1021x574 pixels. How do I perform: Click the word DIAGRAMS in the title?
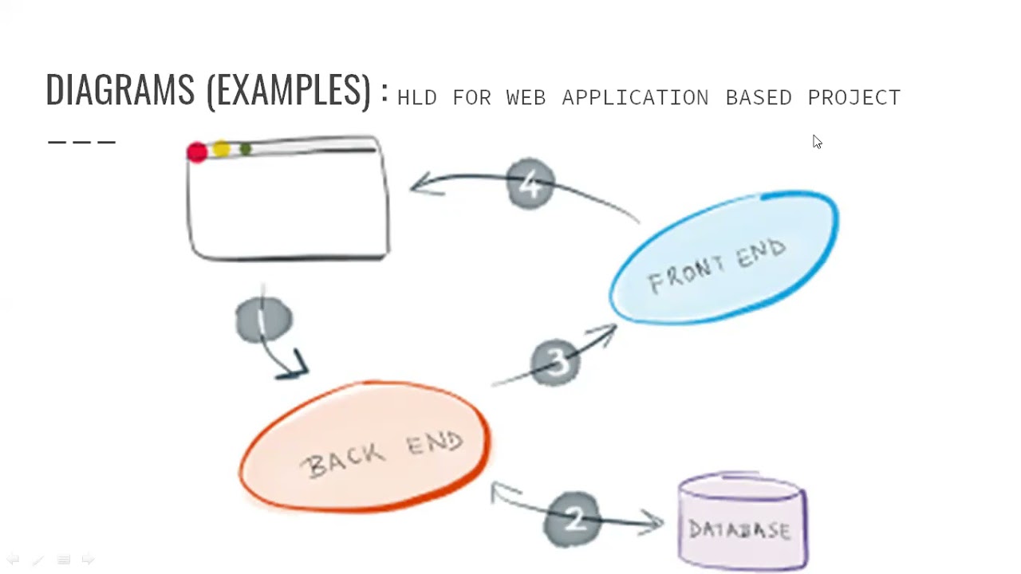[x=120, y=89]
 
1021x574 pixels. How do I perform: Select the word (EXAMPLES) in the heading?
[x=289, y=90]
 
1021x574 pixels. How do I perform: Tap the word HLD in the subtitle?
[x=416, y=98]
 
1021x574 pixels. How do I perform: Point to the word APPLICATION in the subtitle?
[x=635, y=98]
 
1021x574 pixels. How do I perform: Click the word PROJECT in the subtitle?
[x=853, y=98]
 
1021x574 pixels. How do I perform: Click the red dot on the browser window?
[x=197, y=152]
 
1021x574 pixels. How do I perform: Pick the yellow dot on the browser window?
[x=221, y=149]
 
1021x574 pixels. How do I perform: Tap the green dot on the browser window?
[x=245, y=149]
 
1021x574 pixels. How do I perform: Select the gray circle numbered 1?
[x=263, y=320]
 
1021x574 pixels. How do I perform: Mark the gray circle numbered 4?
[x=530, y=184]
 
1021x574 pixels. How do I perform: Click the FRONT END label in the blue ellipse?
[x=716, y=266]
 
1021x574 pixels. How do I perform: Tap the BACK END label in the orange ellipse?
[x=384, y=452]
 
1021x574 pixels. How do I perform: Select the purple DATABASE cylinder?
[x=742, y=522]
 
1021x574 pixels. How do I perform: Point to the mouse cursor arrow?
[x=817, y=142]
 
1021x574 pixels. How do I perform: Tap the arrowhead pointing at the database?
[x=654, y=523]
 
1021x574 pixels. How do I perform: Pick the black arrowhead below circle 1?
[x=297, y=367]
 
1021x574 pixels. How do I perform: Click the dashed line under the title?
[x=82, y=143]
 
